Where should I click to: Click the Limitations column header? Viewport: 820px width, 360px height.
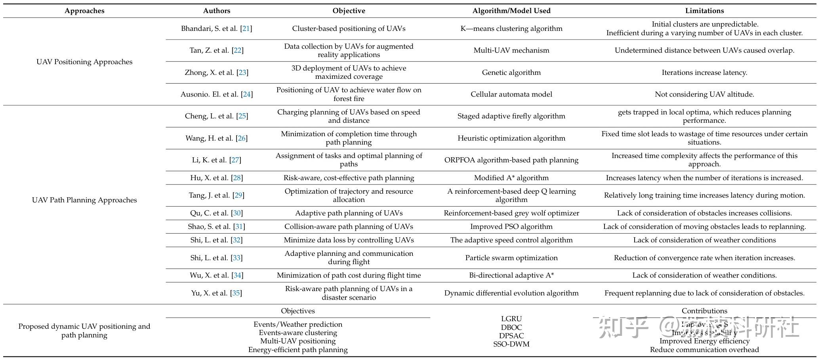tap(704, 11)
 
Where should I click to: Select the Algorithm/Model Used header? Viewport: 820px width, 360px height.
tap(511, 11)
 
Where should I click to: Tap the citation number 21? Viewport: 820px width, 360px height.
tap(246, 29)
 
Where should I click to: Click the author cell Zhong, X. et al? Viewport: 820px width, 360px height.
tap(210, 72)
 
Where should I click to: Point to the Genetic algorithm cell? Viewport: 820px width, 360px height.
tap(511, 72)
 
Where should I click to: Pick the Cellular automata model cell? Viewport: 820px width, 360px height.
tap(511, 94)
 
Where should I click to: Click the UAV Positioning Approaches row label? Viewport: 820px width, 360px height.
tap(84, 62)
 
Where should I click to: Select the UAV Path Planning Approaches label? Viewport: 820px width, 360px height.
tap(84, 200)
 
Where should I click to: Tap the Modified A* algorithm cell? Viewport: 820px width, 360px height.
tap(511, 178)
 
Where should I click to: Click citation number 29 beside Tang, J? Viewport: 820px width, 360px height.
tap(238, 195)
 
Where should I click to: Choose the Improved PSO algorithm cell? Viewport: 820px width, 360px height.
tap(511, 227)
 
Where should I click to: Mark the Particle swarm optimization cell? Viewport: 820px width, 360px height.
tap(511, 258)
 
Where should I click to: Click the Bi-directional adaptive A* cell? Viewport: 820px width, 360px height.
tap(511, 275)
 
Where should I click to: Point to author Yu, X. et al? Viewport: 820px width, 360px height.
tap(210, 293)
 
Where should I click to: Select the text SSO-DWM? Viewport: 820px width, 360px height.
tap(511, 344)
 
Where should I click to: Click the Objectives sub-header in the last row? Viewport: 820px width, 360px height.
tap(298, 311)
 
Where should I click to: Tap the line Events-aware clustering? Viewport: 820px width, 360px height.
tap(298, 333)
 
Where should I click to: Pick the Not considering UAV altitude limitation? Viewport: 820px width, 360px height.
tap(704, 94)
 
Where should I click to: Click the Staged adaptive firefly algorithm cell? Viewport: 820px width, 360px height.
tap(511, 116)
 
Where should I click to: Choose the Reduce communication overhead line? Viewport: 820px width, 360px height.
tap(704, 350)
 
